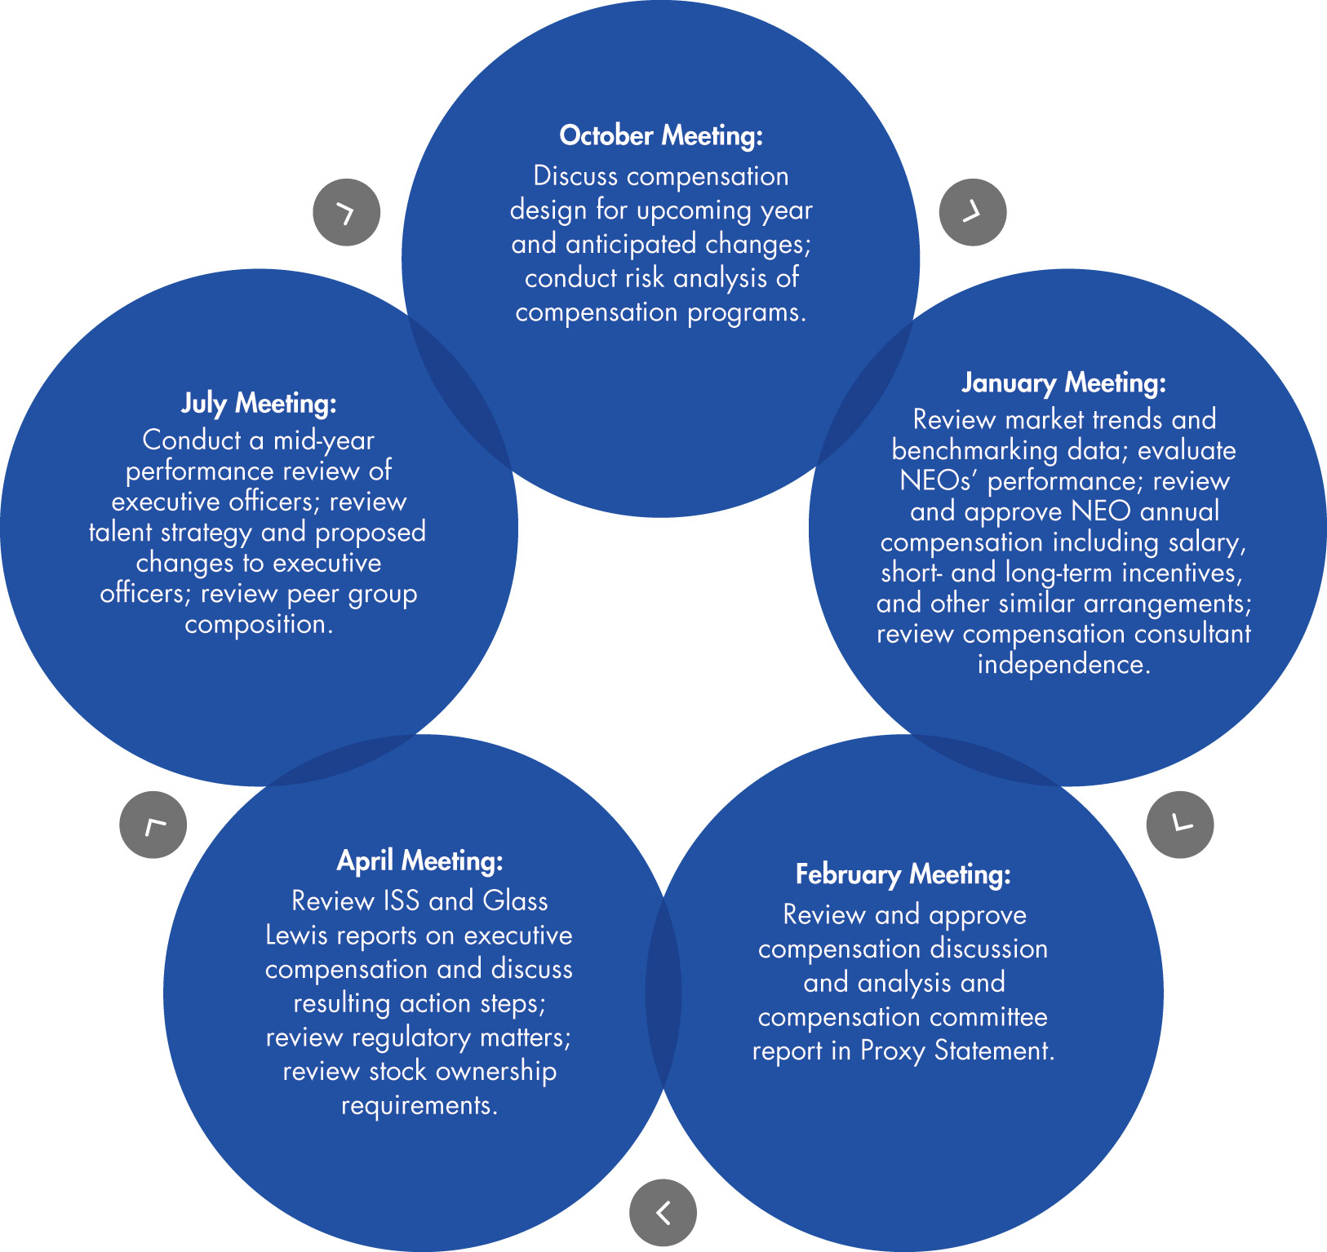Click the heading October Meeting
pos(661,135)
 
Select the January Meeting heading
pos(1064,383)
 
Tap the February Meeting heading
pos(903,874)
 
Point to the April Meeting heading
pos(420,860)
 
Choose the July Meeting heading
pos(259,403)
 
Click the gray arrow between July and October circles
pos(347,212)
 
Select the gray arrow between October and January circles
pos(973,212)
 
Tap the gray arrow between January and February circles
pos(1180,825)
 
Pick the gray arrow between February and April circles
pos(663,1213)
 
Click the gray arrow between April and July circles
pos(153,825)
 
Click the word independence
pos(1064,665)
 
